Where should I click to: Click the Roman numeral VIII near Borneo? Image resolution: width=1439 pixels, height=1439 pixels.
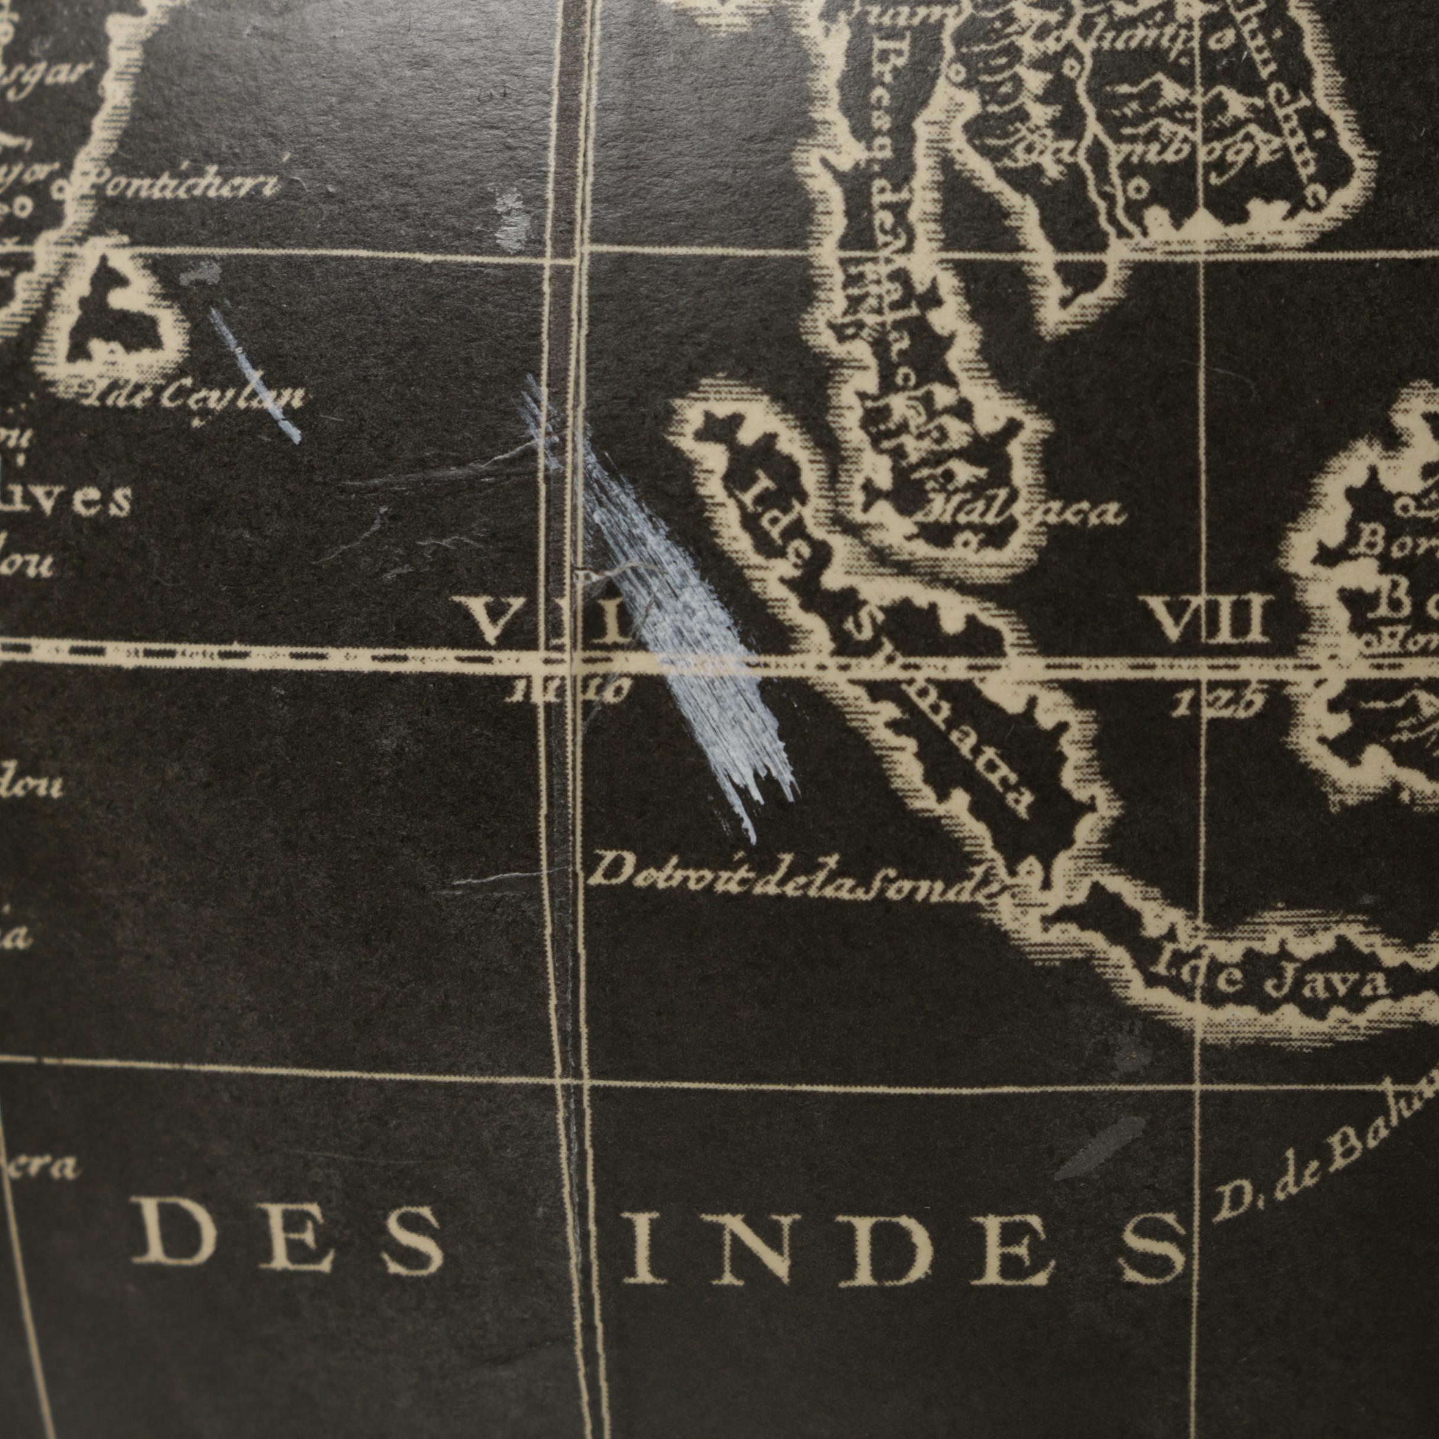coord(1206,620)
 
